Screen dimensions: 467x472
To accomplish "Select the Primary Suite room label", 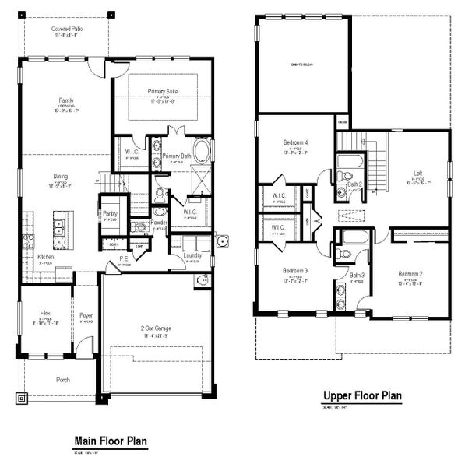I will click(163, 91).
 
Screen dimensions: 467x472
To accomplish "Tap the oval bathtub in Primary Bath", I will click(203, 150).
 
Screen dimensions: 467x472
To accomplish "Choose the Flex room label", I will click(45, 313).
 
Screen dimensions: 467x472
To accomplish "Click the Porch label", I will click(62, 381).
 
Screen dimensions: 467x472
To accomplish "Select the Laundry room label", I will click(192, 255).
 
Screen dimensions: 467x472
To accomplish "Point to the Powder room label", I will click(159, 221).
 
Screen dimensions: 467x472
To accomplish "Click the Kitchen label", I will click(46, 256).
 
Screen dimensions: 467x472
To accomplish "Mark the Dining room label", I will click(60, 176).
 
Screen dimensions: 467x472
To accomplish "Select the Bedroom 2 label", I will click(410, 274).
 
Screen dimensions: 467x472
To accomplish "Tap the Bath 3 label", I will click(357, 275).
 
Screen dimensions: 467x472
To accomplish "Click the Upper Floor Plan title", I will click(362, 396).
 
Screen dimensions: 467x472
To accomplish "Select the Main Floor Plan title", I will click(110, 441).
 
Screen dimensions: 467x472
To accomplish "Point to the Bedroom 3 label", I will click(296, 271).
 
